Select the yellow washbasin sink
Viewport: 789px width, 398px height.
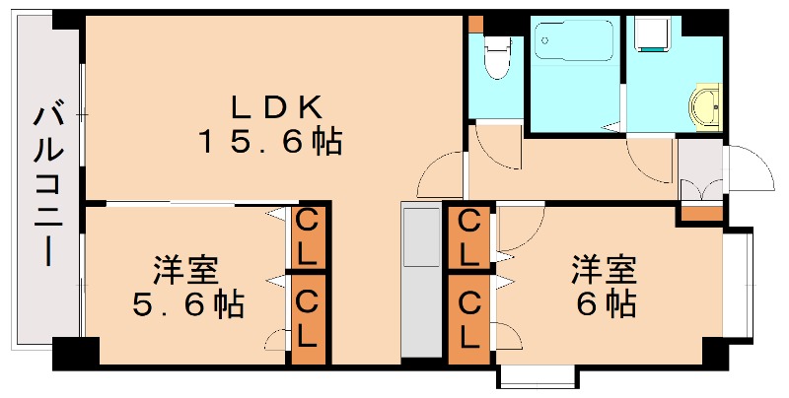click(706, 107)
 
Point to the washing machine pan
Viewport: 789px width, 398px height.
click(651, 35)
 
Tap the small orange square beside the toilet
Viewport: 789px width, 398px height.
click(476, 23)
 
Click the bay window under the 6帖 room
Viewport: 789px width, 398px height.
click(535, 376)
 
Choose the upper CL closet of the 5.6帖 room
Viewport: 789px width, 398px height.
click(308, 237)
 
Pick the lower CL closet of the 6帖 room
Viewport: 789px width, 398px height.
click(470, 319)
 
